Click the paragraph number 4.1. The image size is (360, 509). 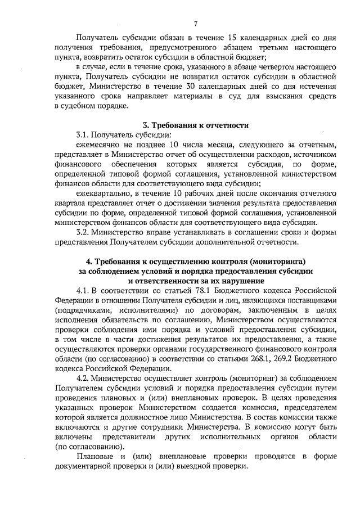pos(85,290)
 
